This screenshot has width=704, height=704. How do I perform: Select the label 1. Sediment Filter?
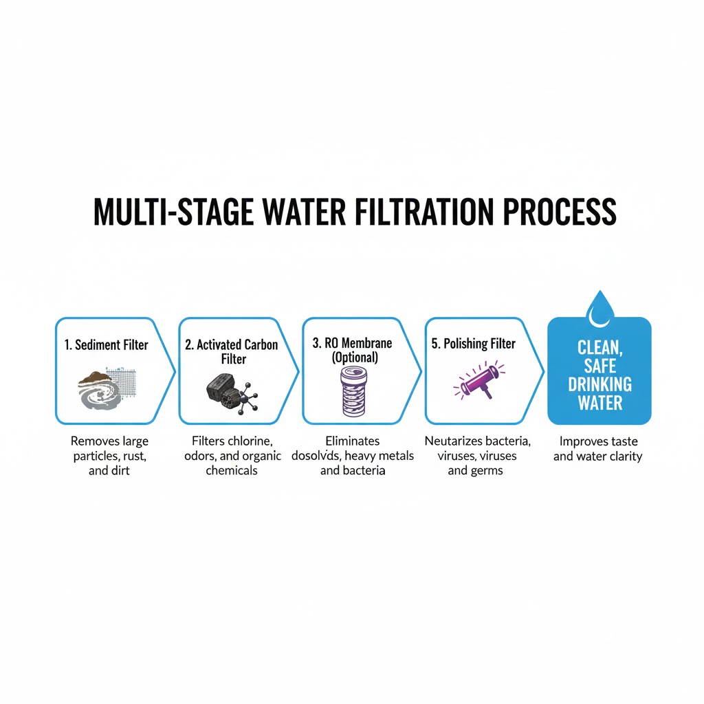click(107, 344)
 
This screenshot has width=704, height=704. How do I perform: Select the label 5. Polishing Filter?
click(473, 344)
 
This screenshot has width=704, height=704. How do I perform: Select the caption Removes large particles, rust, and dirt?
click(109, 456)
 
